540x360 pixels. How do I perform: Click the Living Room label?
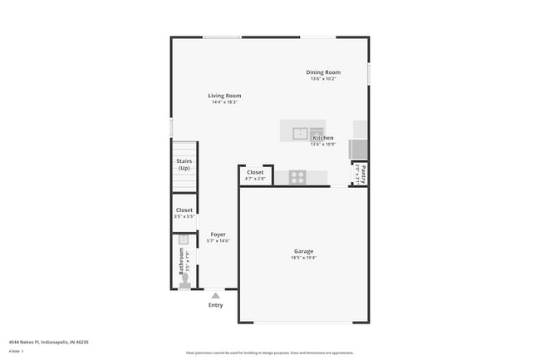(224, 96)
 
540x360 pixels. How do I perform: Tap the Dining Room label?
(322, 72)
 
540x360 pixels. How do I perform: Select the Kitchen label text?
(322, 138)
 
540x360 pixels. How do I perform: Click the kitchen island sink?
(300, 132)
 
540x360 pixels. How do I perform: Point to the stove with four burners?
(297, 176)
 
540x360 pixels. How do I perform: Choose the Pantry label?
(363, 173)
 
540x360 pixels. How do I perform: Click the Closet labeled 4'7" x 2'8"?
(255, 173)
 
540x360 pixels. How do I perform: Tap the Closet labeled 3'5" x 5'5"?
(184, 210)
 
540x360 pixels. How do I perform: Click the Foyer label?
(218, 234)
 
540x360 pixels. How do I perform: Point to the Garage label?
(303, 251)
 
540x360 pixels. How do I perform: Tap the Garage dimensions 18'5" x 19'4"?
(303, 258)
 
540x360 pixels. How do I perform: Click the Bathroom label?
(181, 260)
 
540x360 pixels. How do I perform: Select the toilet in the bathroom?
(184, 282)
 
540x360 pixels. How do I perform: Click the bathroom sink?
(184, 239)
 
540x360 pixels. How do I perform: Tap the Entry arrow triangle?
(216, 294)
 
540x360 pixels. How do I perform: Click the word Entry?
(216, 305)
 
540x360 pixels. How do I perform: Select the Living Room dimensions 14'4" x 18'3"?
(224, 102)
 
